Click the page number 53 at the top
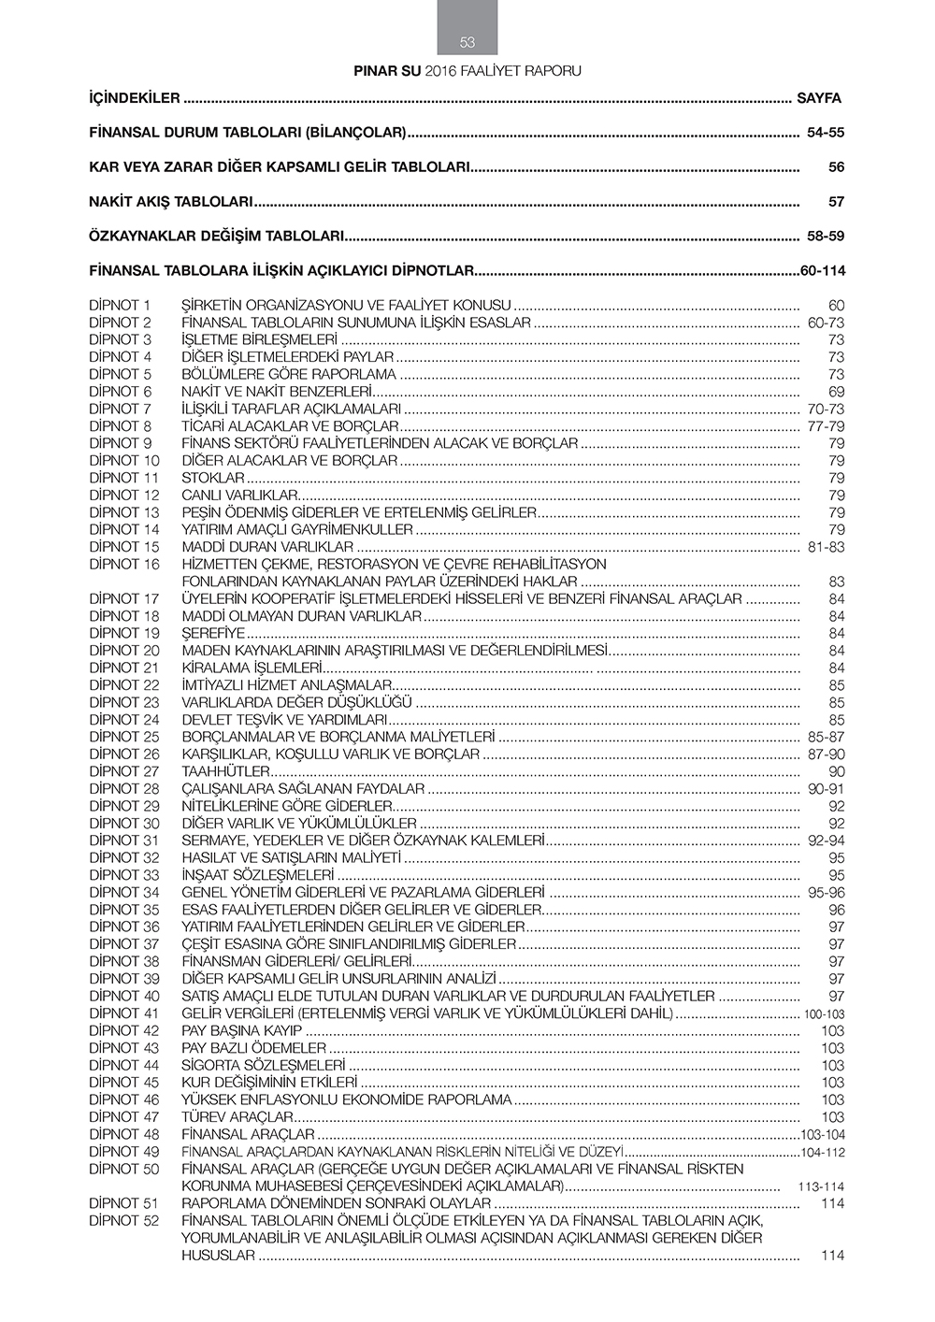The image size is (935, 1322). [467, 42]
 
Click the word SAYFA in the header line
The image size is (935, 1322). [819, 98]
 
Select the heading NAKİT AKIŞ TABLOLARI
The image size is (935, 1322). [171, 202]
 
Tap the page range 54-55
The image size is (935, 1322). [826, 133]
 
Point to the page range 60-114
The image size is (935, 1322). [823, 271]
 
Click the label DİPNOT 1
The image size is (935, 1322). [120, 306]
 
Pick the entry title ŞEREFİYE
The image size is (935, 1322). [213, 634]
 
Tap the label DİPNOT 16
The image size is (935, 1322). [124, 565]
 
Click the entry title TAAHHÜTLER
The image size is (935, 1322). [225, 772]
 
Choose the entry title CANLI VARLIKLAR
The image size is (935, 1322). [239, 496]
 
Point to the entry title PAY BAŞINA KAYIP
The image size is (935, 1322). [242, 1031]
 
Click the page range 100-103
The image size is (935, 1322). [824, 1014]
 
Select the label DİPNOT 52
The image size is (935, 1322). [124, 1221]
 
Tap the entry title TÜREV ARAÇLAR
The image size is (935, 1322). [237, 1117]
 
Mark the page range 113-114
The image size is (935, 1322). [821, 1187]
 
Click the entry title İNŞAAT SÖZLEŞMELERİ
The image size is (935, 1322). [258, 876]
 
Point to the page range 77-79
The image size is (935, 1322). [826, 426]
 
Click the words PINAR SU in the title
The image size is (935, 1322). [387, 71]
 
